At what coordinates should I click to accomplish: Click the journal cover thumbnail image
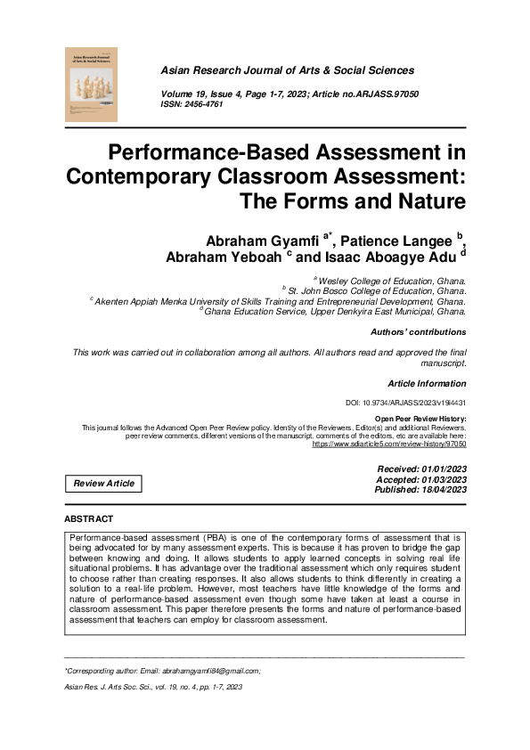(92, 85)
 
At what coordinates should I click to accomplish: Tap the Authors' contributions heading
(418, 331)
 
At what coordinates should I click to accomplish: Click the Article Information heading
(423, 383)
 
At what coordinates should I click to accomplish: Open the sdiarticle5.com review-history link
(389, 443)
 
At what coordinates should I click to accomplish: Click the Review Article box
(103, 483)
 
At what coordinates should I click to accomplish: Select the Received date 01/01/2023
(437, 469)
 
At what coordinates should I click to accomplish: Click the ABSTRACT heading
(90, 518)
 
